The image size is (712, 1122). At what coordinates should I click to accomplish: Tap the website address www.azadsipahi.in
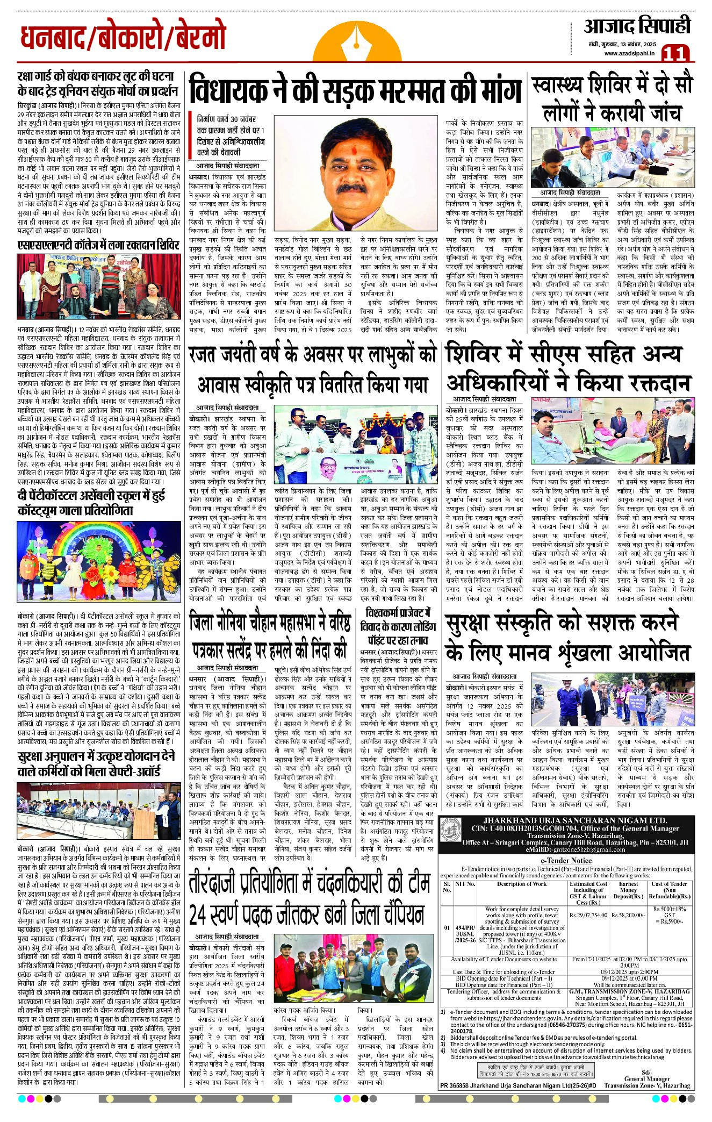(x=629, y=53)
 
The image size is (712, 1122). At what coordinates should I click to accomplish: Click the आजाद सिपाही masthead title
(x=637, y=26)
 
